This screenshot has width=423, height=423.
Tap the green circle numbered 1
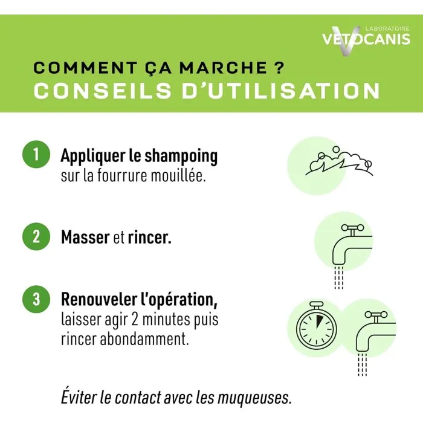(x=36, y=155)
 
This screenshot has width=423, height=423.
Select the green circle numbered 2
(x=36, y=236)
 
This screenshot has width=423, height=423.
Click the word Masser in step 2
(x=85, y=237)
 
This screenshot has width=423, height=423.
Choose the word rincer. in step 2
(x=149, y=237)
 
